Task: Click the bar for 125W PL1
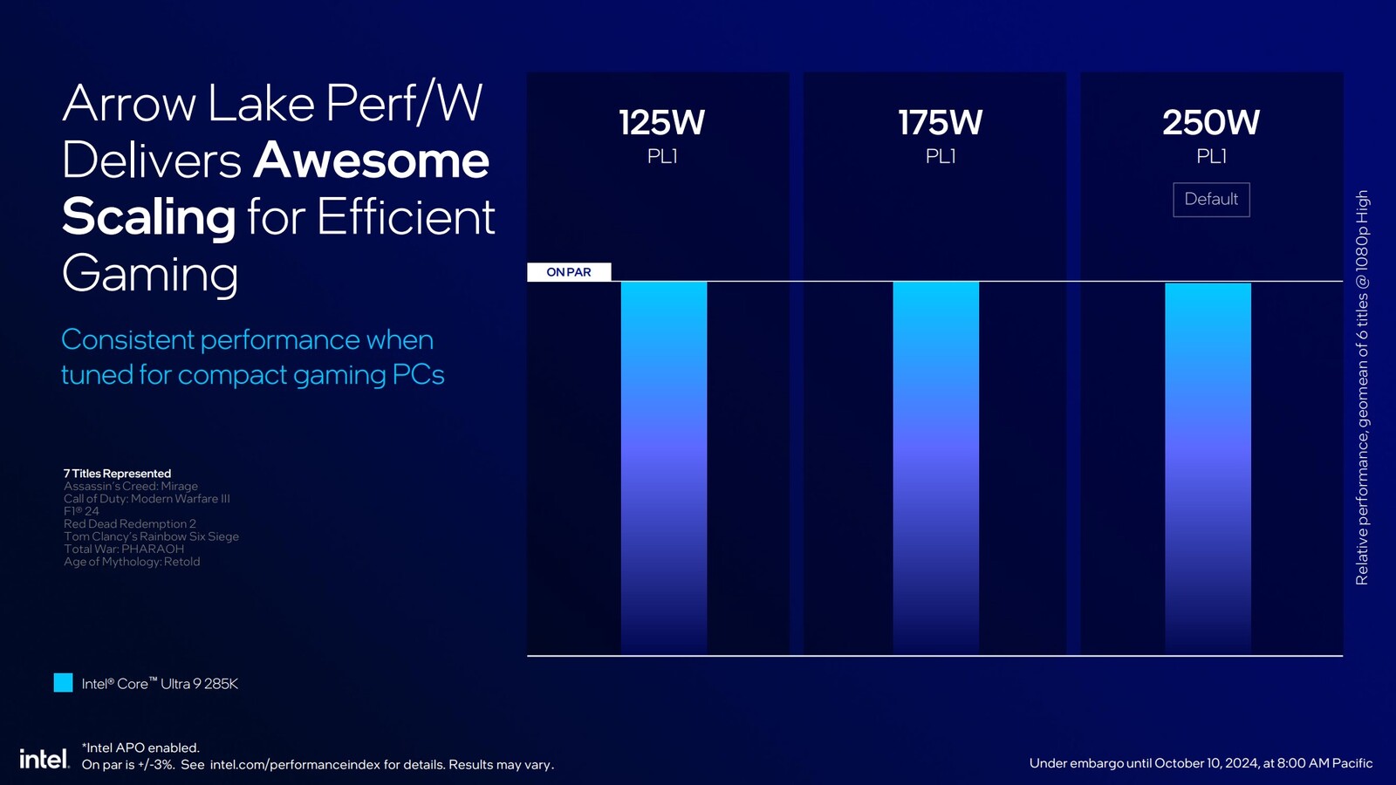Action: click(664, 468)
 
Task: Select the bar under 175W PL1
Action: click(935, 468)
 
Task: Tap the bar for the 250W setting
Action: click(1208, 468)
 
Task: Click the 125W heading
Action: click(661, 123)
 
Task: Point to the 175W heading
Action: click(940, 123)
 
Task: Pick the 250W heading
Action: click(1211, 123)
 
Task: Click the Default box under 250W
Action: click(1211, 200)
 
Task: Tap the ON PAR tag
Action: click(569, 272)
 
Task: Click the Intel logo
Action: click(44, 759)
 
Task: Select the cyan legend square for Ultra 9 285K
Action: click(63, 683)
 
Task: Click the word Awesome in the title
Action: click(372, 160)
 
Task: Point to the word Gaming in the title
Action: click(150, 274)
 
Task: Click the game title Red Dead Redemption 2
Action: click(130, 524)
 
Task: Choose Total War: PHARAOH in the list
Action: click(124, 549)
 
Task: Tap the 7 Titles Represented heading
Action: click(117, 474)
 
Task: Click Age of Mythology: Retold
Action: click(132, 562)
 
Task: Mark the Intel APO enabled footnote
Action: click(140, 747)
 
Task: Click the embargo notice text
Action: click(1201, 763)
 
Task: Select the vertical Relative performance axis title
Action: click(1362, 387)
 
